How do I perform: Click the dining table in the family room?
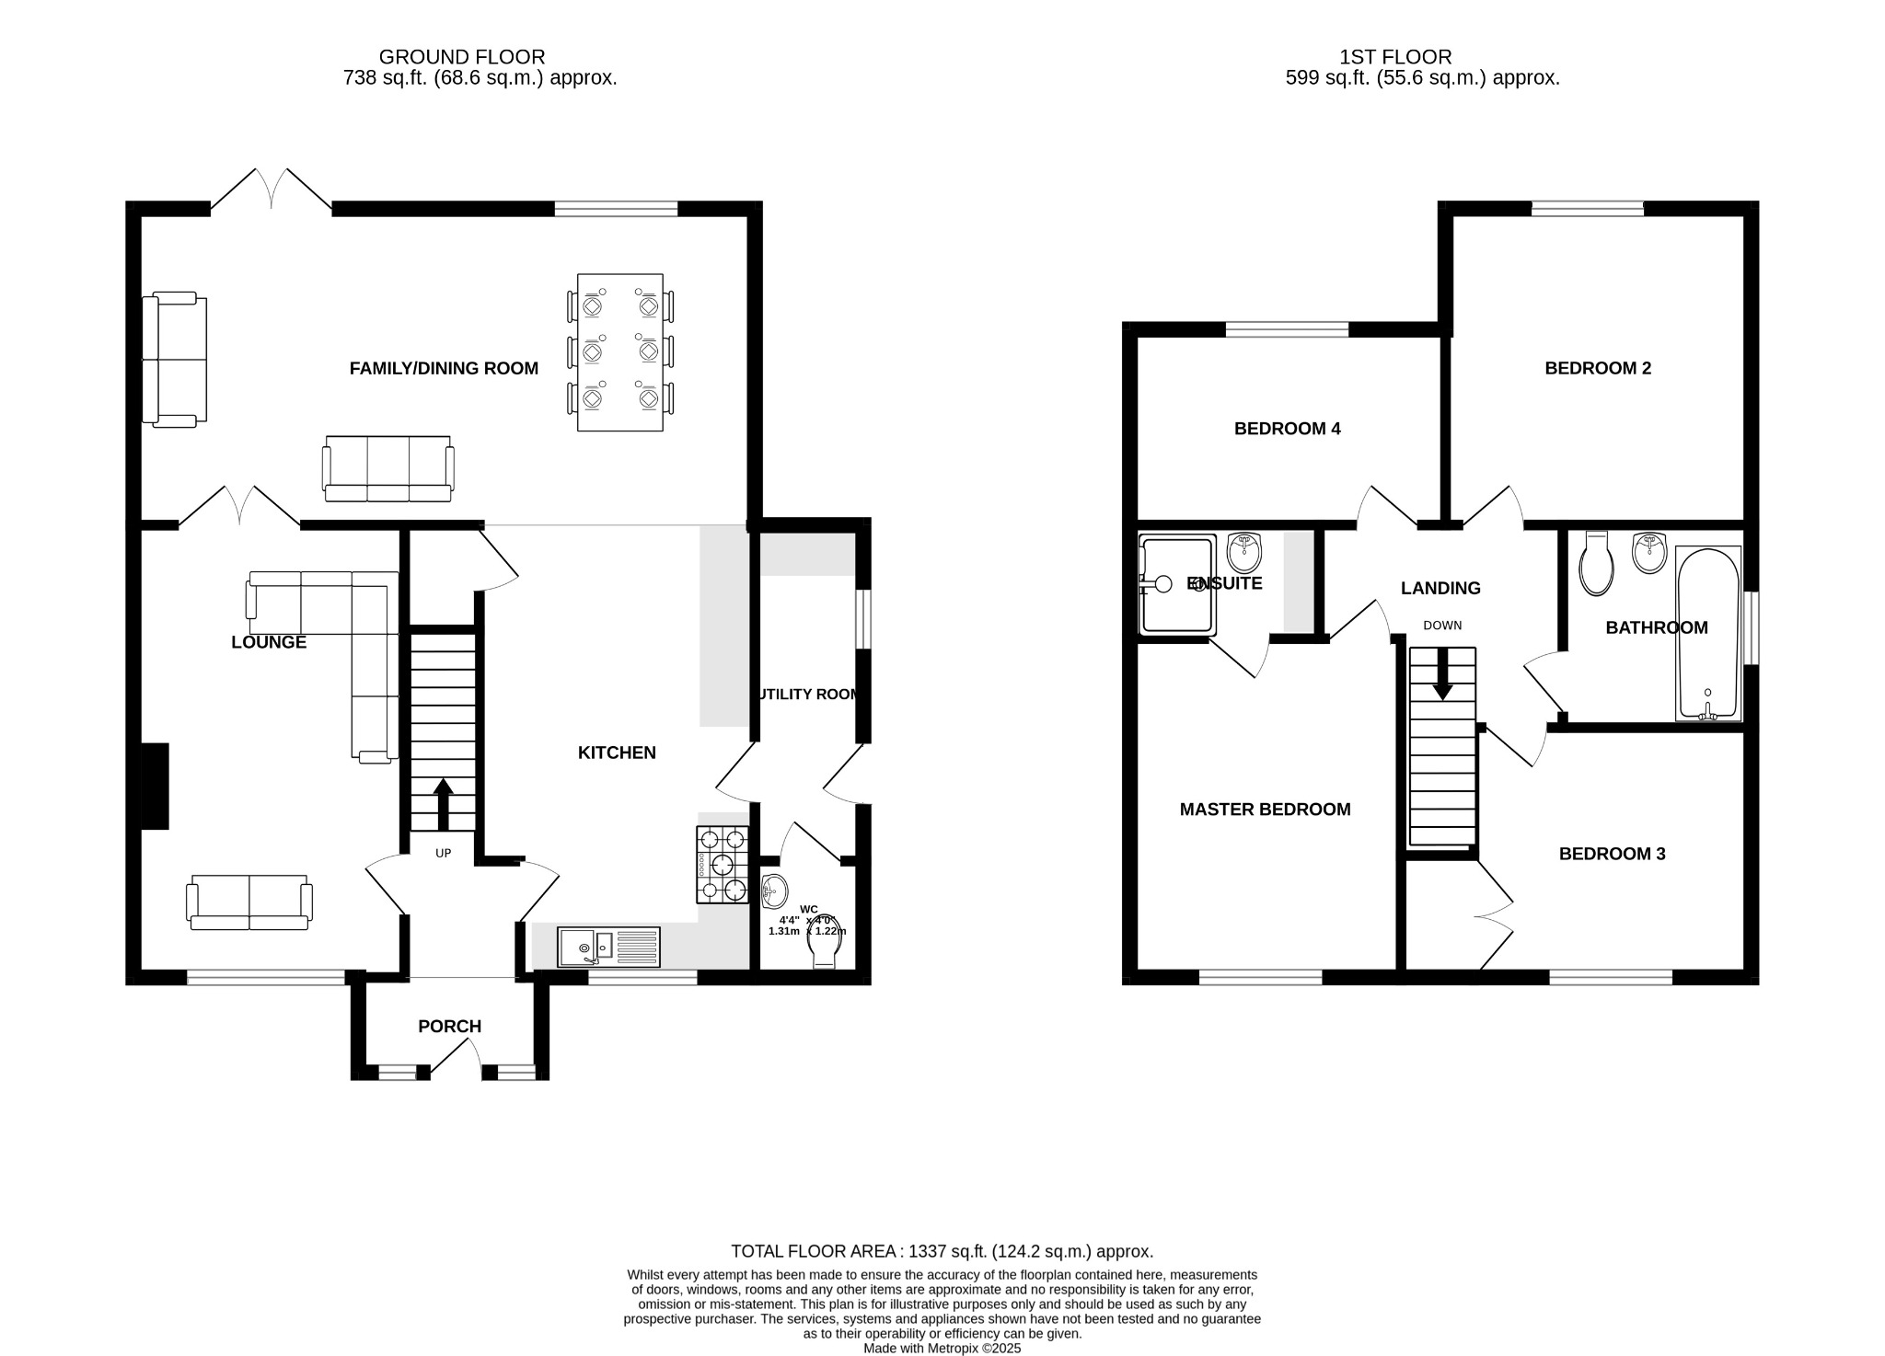coord(619,351)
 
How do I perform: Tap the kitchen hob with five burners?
coord(723,864)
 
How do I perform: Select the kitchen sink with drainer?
coord(608,947)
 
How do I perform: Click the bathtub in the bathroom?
coord(1708,633)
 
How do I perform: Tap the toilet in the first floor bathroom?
coord(1596,565)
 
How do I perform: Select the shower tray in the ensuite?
coord(1176,585)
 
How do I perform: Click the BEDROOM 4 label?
coord(1287,429)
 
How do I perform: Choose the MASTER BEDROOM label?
coord(1265,810)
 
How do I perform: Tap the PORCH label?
coord(449,1027)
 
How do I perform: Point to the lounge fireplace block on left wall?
coord(155,786)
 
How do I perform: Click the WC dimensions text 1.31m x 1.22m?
coord(806,931)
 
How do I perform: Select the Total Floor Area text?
coord(942,1251)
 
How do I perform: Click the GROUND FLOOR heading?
coord(462,57)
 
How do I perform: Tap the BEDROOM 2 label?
coord(1598,368)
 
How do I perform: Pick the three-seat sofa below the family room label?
coord(387,469)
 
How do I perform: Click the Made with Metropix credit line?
coord(942,1349)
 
